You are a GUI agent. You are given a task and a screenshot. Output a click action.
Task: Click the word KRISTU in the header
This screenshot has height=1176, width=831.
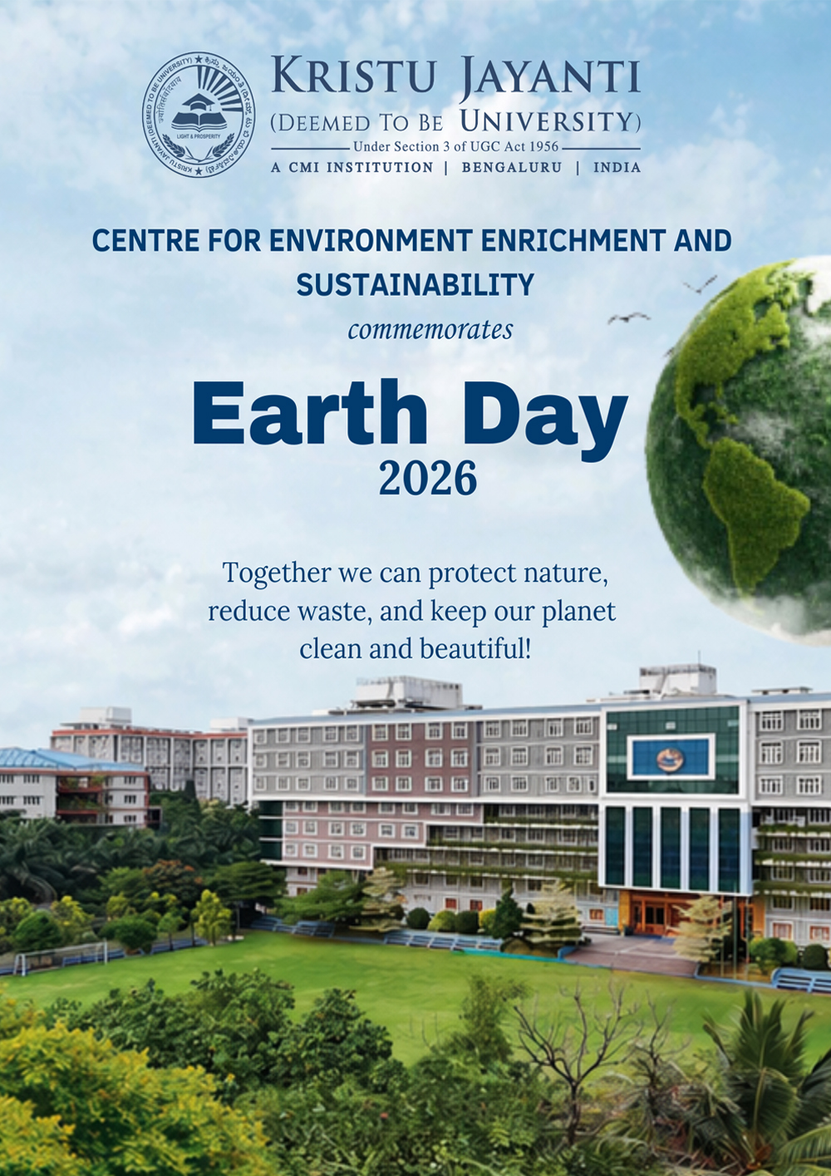353,76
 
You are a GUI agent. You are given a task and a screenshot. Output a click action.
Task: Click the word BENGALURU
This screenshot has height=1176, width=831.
511,167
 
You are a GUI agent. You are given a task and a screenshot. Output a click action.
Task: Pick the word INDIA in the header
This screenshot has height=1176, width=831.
617,167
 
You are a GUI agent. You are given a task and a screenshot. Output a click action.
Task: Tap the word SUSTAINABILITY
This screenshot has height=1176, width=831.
415,285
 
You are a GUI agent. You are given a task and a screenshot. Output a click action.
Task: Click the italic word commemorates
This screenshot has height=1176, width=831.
430,330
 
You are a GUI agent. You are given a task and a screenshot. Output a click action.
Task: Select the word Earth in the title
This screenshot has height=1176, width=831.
309,414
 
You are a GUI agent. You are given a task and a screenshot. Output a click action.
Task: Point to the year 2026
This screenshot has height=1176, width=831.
427,479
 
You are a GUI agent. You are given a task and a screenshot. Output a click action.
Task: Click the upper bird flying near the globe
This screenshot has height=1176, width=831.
700,285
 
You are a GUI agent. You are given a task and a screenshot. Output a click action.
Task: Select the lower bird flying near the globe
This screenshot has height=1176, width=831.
628,317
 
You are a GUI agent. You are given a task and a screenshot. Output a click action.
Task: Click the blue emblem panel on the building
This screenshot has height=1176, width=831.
670,757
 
